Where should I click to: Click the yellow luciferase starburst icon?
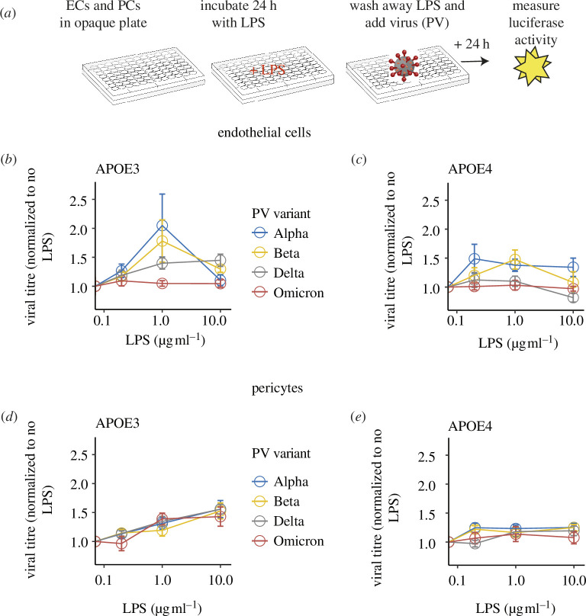pos(532,66)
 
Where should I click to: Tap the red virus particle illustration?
pos(404,66)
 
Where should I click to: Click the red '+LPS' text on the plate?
pos(267,70)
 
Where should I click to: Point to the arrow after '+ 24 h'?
pos(475,62)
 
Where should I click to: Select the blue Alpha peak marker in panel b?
pos(162,226)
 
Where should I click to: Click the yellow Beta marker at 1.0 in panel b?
pos(162,241)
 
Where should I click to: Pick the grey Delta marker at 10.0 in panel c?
pos(573,297)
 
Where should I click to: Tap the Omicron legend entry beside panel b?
pos(288,293)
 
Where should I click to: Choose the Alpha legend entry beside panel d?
pos(280,482)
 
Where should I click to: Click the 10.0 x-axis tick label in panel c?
pos(572,320)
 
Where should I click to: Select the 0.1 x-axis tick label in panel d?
pos(104,580)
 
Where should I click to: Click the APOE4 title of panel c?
pos(470,169)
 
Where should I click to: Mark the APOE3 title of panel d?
pos(118,423)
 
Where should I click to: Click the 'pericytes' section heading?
pos(278,388)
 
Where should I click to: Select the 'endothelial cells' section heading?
pos(264,133)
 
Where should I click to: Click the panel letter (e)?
pos(358,417)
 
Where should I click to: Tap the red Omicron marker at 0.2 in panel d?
pos(121,544)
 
